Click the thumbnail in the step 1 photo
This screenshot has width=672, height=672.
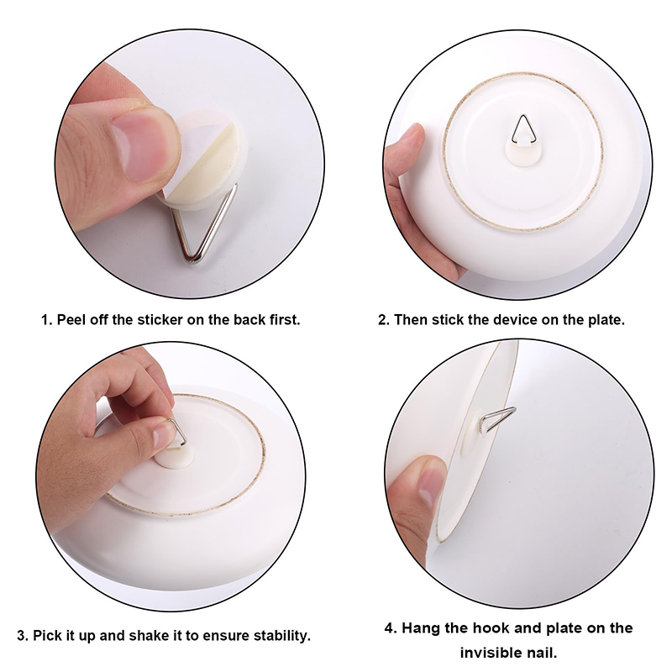[137, 148]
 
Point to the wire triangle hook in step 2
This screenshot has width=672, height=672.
[523, 129]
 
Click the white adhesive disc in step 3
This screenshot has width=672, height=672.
[174, 458]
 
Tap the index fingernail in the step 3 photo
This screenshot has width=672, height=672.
[165, 435]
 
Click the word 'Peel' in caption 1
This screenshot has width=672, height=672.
[71, 320]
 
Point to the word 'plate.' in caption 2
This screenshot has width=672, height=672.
[606, 320]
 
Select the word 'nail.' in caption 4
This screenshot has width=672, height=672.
[541, 654]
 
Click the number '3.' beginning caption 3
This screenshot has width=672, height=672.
[23, 635]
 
